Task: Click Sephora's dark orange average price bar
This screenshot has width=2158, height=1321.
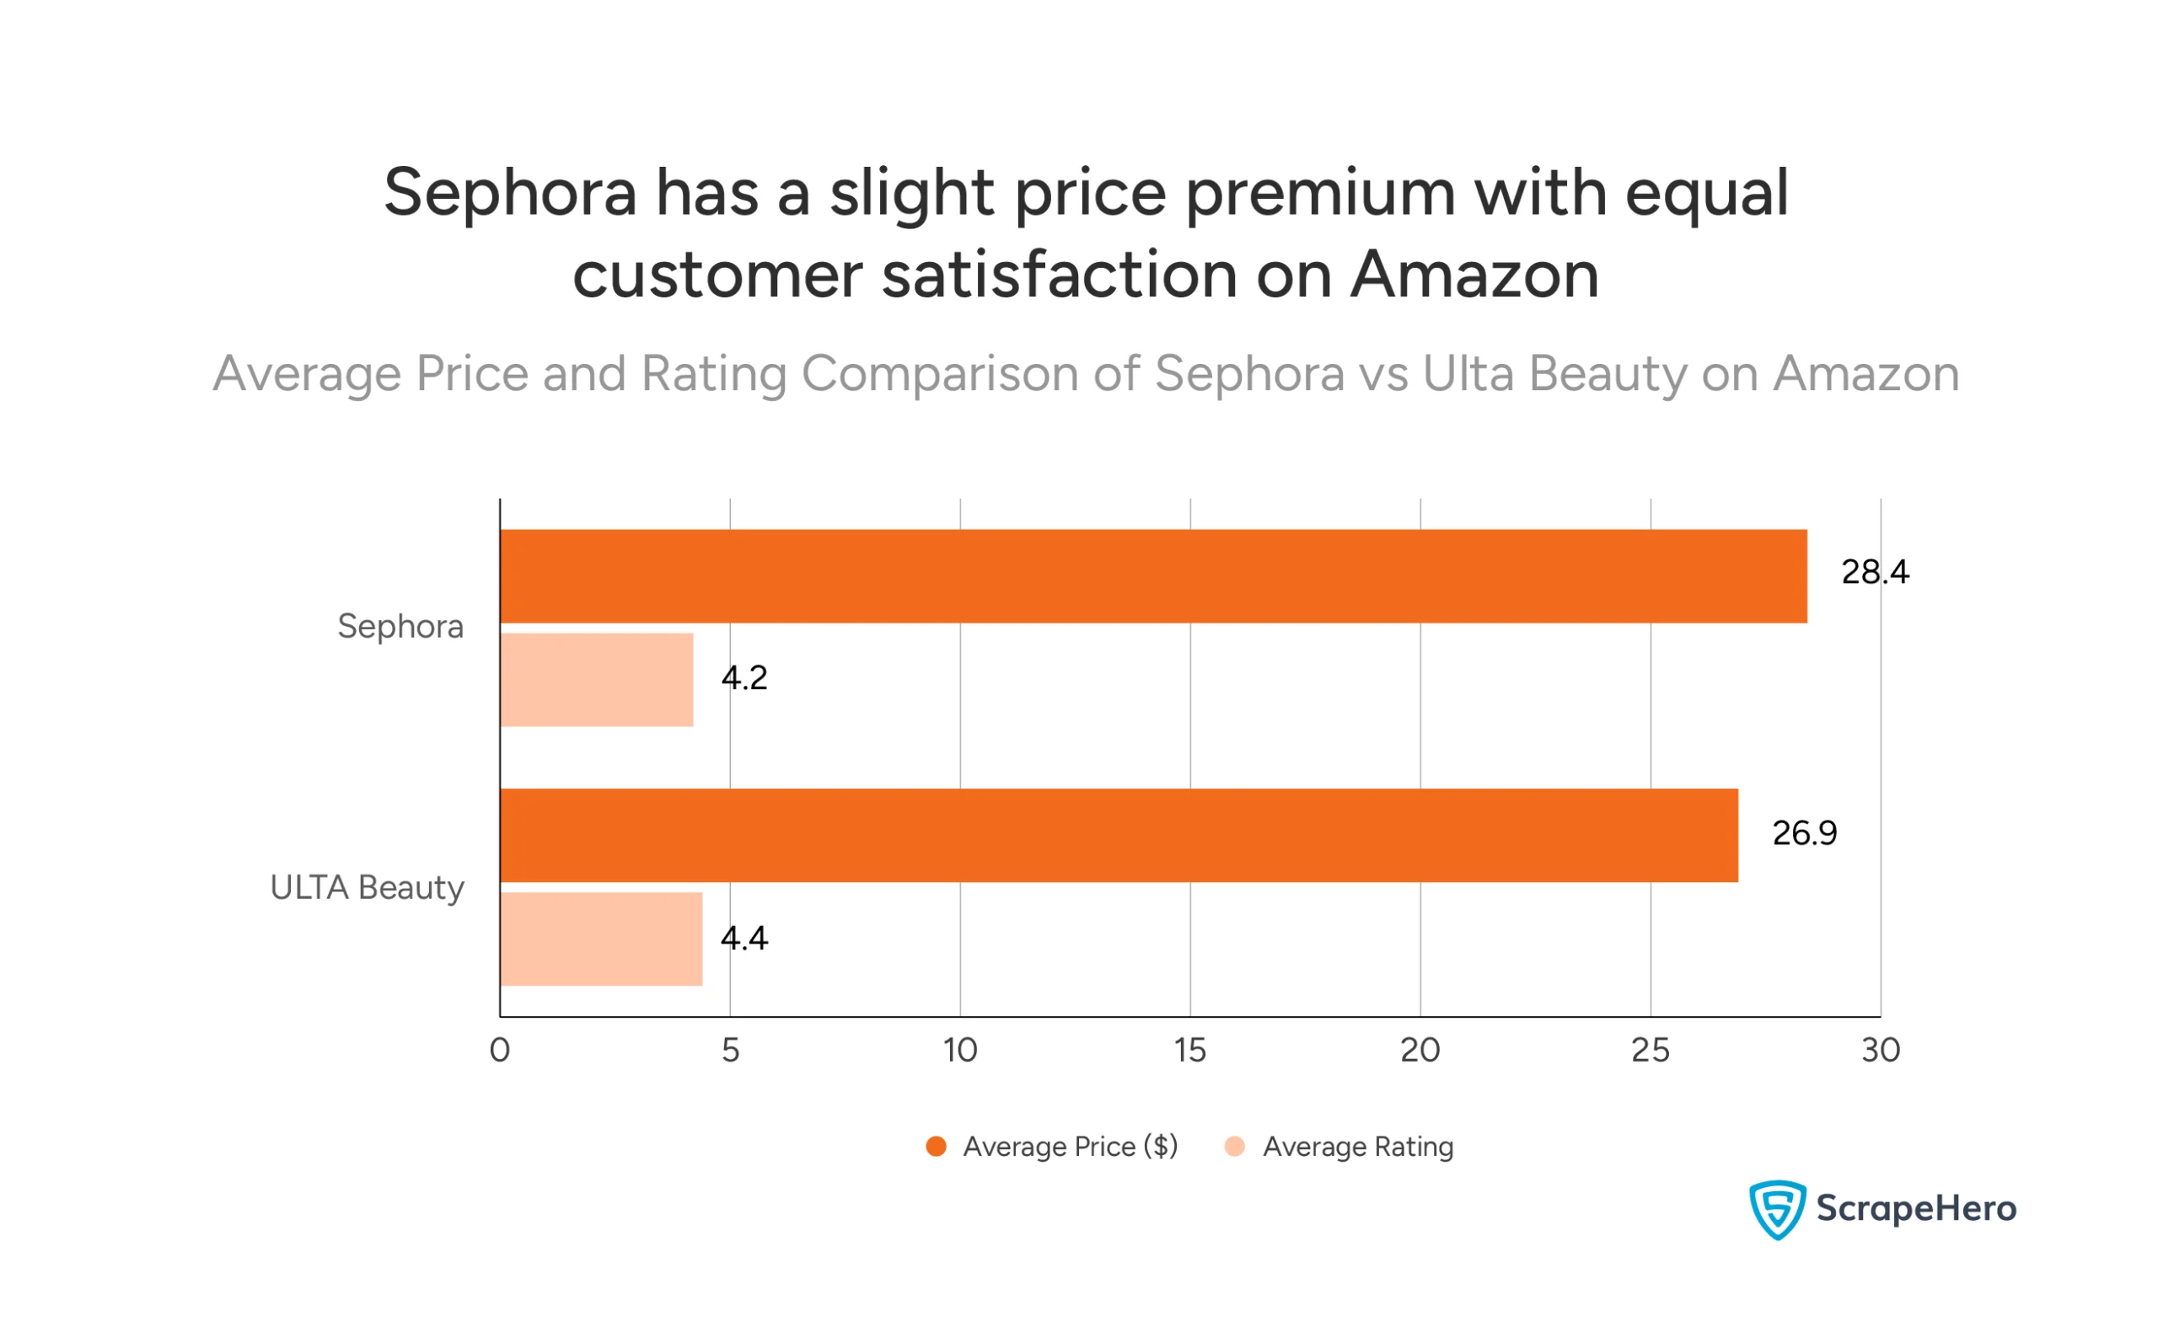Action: point(1152,576)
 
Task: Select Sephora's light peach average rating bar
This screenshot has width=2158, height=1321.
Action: point(597,679)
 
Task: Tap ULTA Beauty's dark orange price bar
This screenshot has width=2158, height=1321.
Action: point(1119,835)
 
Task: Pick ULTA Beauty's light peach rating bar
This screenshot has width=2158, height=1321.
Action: point(601,939)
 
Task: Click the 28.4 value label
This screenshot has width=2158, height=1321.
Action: point(1874,572)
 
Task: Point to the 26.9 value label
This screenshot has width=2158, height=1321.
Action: point(1804,832)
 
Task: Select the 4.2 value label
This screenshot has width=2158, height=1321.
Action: point(743,677)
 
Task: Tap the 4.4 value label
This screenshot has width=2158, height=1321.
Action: point(743,939)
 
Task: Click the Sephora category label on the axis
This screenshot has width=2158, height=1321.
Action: point(400,627)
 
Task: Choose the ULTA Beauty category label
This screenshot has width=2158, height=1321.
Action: point(367,888)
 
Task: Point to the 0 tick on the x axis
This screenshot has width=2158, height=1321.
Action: point(499,1050)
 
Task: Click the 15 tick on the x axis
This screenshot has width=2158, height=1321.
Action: point(1189,1050)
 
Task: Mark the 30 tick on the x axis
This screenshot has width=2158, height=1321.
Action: point(1881,1050)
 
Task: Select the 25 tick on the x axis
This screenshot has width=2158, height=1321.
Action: point(1650,1050)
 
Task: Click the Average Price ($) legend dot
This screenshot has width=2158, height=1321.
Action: point(936,1147)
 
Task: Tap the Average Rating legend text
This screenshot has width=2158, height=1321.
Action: point(1357,1147)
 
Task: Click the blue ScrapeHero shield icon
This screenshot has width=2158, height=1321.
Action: point(1776,1209)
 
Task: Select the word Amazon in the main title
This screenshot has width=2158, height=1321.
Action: point(1474,275)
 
